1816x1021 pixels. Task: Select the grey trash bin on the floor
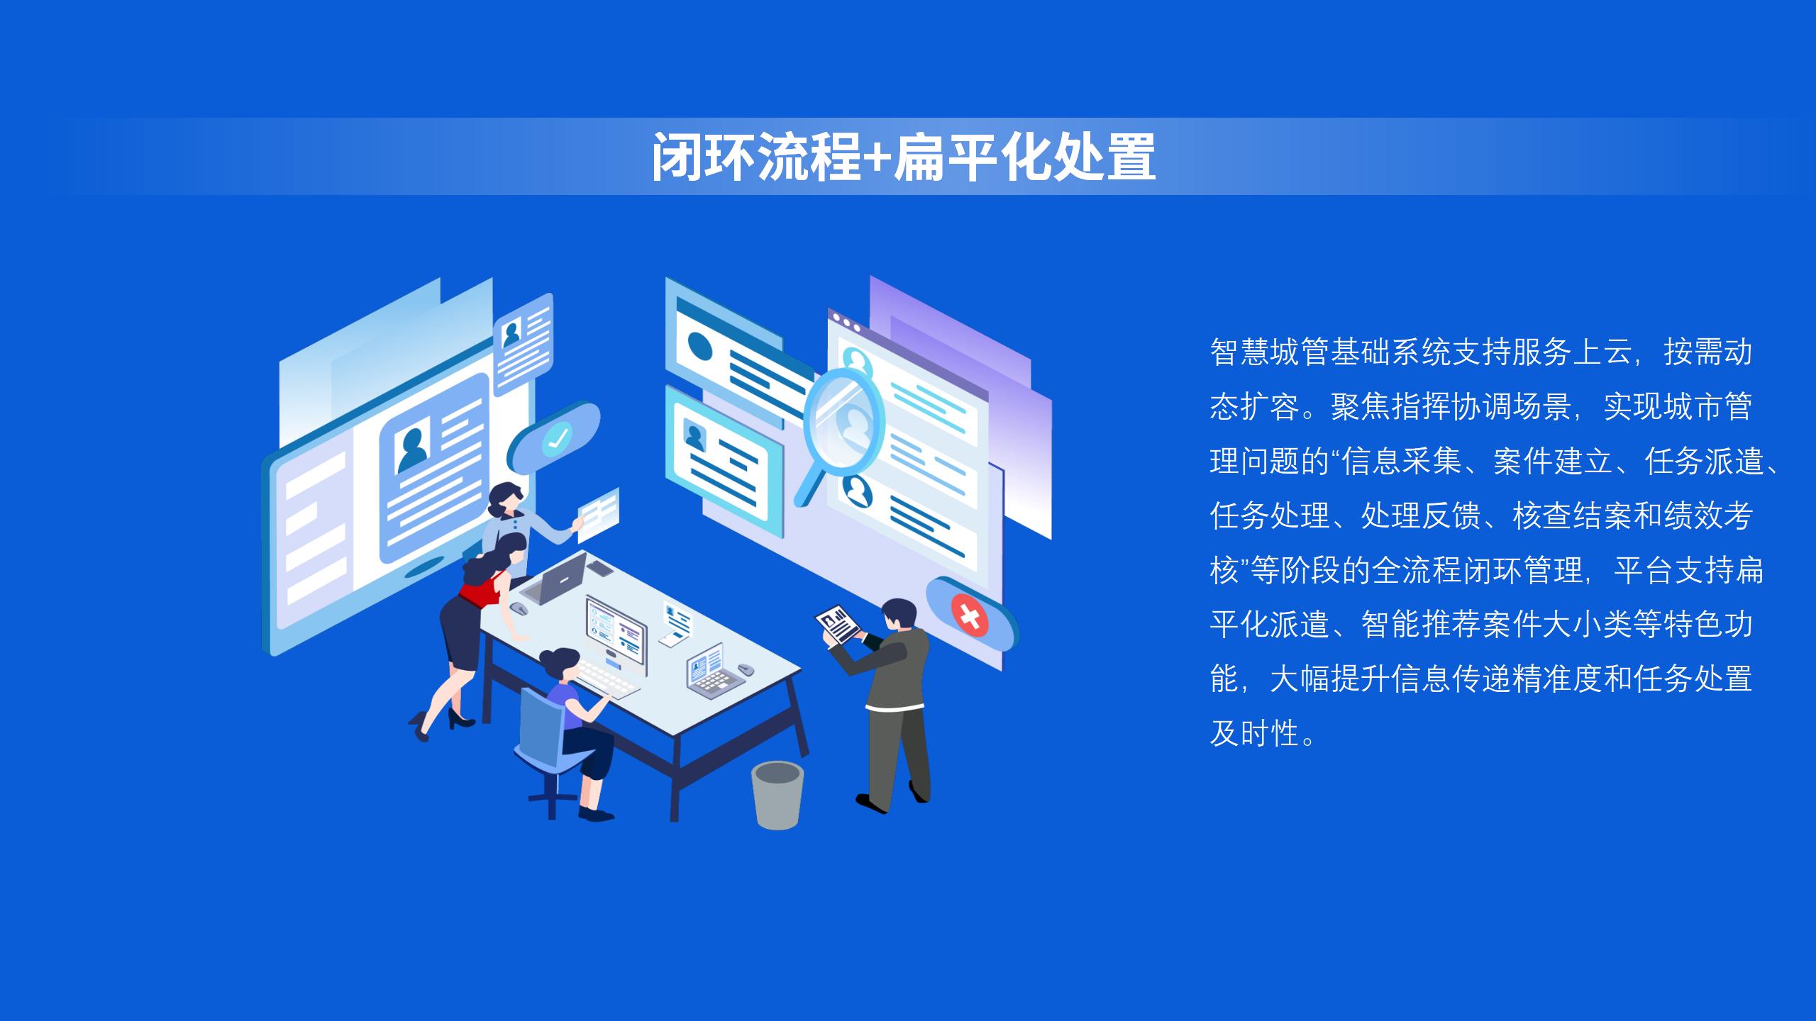coord(777,794)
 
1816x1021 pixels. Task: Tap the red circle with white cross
coord(970,615)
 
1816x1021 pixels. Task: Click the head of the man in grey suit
coord(899,615)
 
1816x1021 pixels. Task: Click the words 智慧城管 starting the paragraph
coord(1270,352)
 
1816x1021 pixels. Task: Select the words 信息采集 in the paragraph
coord(1401,461)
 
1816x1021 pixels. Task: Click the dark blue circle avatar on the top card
coord(701,346)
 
